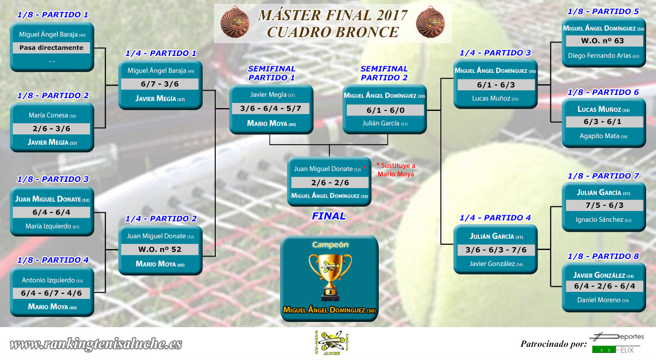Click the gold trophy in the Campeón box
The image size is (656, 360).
tap(330, 277)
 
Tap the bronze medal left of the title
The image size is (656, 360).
tap(235, 22)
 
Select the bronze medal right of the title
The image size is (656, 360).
tap(430, 22)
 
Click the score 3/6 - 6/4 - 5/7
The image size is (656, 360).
tap(271, 109)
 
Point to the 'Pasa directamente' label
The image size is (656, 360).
tap(51, 48)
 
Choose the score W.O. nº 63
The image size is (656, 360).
tap(602, 41)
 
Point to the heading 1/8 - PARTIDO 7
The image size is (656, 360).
tap(603, 176)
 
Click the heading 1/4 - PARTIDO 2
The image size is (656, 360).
tap(161, 219)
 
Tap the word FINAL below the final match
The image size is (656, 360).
tap(328, 216)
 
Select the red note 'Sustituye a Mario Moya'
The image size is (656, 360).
tap(396, 170)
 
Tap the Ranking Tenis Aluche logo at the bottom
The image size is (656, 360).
tap(331, 343)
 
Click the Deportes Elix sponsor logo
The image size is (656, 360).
tap(617, 343)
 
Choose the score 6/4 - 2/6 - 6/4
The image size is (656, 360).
tap(604, 286)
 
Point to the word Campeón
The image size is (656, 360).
tap(330, 245)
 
